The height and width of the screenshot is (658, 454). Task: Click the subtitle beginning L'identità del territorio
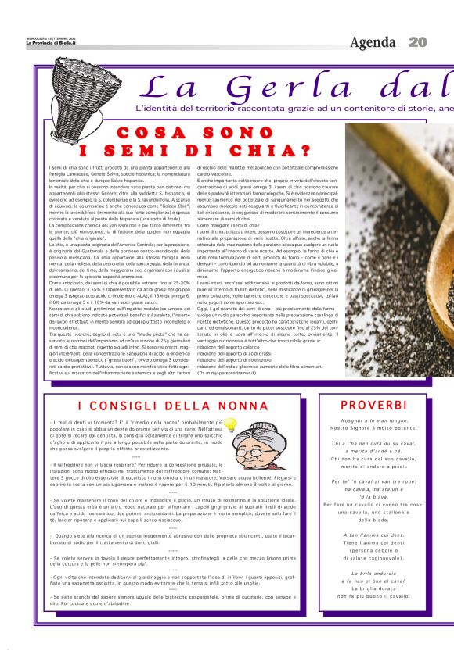pyautogui.click(x=294, y=108)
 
